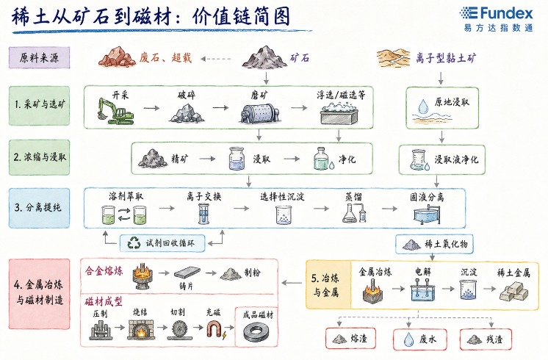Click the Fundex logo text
point(506,13)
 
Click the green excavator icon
point(115,111)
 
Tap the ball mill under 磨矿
point(259,113)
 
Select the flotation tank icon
point(339,113)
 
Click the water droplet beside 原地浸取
point(423,106)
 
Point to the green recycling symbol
point(134,243)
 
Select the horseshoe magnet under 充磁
point(214,330)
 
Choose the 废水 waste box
point(420,339)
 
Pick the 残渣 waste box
point(486,339)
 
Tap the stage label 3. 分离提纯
point(37,208)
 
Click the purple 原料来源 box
point(39,57)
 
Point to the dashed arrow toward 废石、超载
point(216,59)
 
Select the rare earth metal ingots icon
point(513,291)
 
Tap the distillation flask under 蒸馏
point(354,213)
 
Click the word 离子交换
point(203,196)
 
